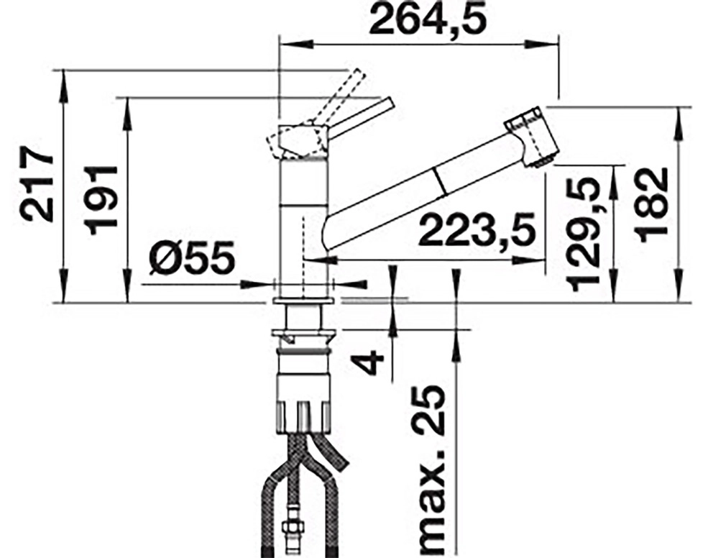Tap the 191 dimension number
click(101, 200)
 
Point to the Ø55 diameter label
click(192, 258)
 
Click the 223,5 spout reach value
click(477, 229)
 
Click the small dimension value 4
click(369, 362)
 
